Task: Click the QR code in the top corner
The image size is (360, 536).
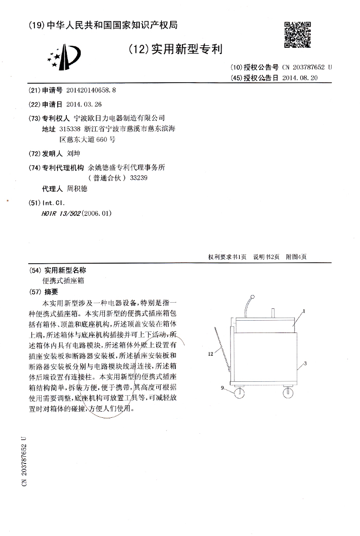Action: click(298, 34)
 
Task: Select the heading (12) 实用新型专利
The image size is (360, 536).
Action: click(174, 49)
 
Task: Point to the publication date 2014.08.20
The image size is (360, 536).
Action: click(300, 78)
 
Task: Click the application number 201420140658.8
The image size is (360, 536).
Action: click(91, 90)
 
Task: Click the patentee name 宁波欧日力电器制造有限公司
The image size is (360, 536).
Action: click(120, 118)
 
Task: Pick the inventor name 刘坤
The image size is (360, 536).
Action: click(74, 154)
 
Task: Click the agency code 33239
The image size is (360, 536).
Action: click(139, 178)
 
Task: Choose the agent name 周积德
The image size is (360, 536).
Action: click(78, 189)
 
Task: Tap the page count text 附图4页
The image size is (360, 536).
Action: click(296, 257)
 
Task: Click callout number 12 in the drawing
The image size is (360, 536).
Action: click(210, 354)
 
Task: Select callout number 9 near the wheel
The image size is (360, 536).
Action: click(223, 389)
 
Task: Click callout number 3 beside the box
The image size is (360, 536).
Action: click(305, 363)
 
